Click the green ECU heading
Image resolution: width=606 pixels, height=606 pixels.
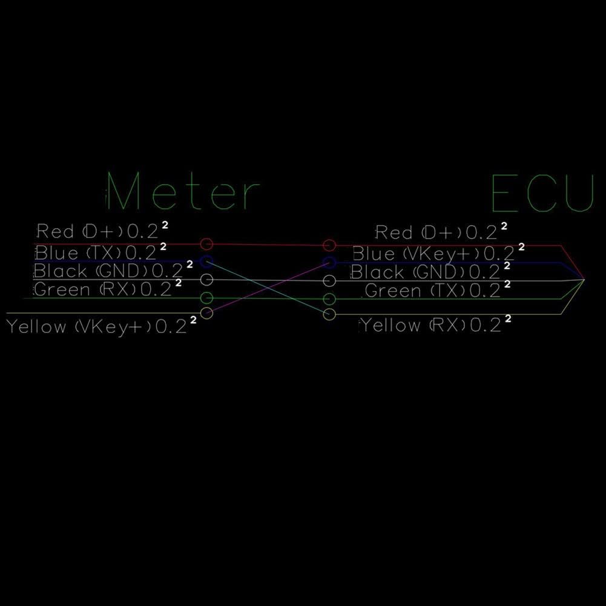point(542,193)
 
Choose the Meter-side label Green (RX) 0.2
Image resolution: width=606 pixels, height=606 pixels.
point(107,288)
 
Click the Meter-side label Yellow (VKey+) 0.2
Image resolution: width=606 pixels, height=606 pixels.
point(102,326)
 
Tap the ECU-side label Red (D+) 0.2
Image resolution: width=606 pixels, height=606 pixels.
point(441,231)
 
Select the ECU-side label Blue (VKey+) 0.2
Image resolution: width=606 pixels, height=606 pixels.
point(439,253)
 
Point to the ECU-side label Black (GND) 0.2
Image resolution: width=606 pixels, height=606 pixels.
point(430,271)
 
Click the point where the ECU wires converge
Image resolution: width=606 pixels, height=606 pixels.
point(584,279)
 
